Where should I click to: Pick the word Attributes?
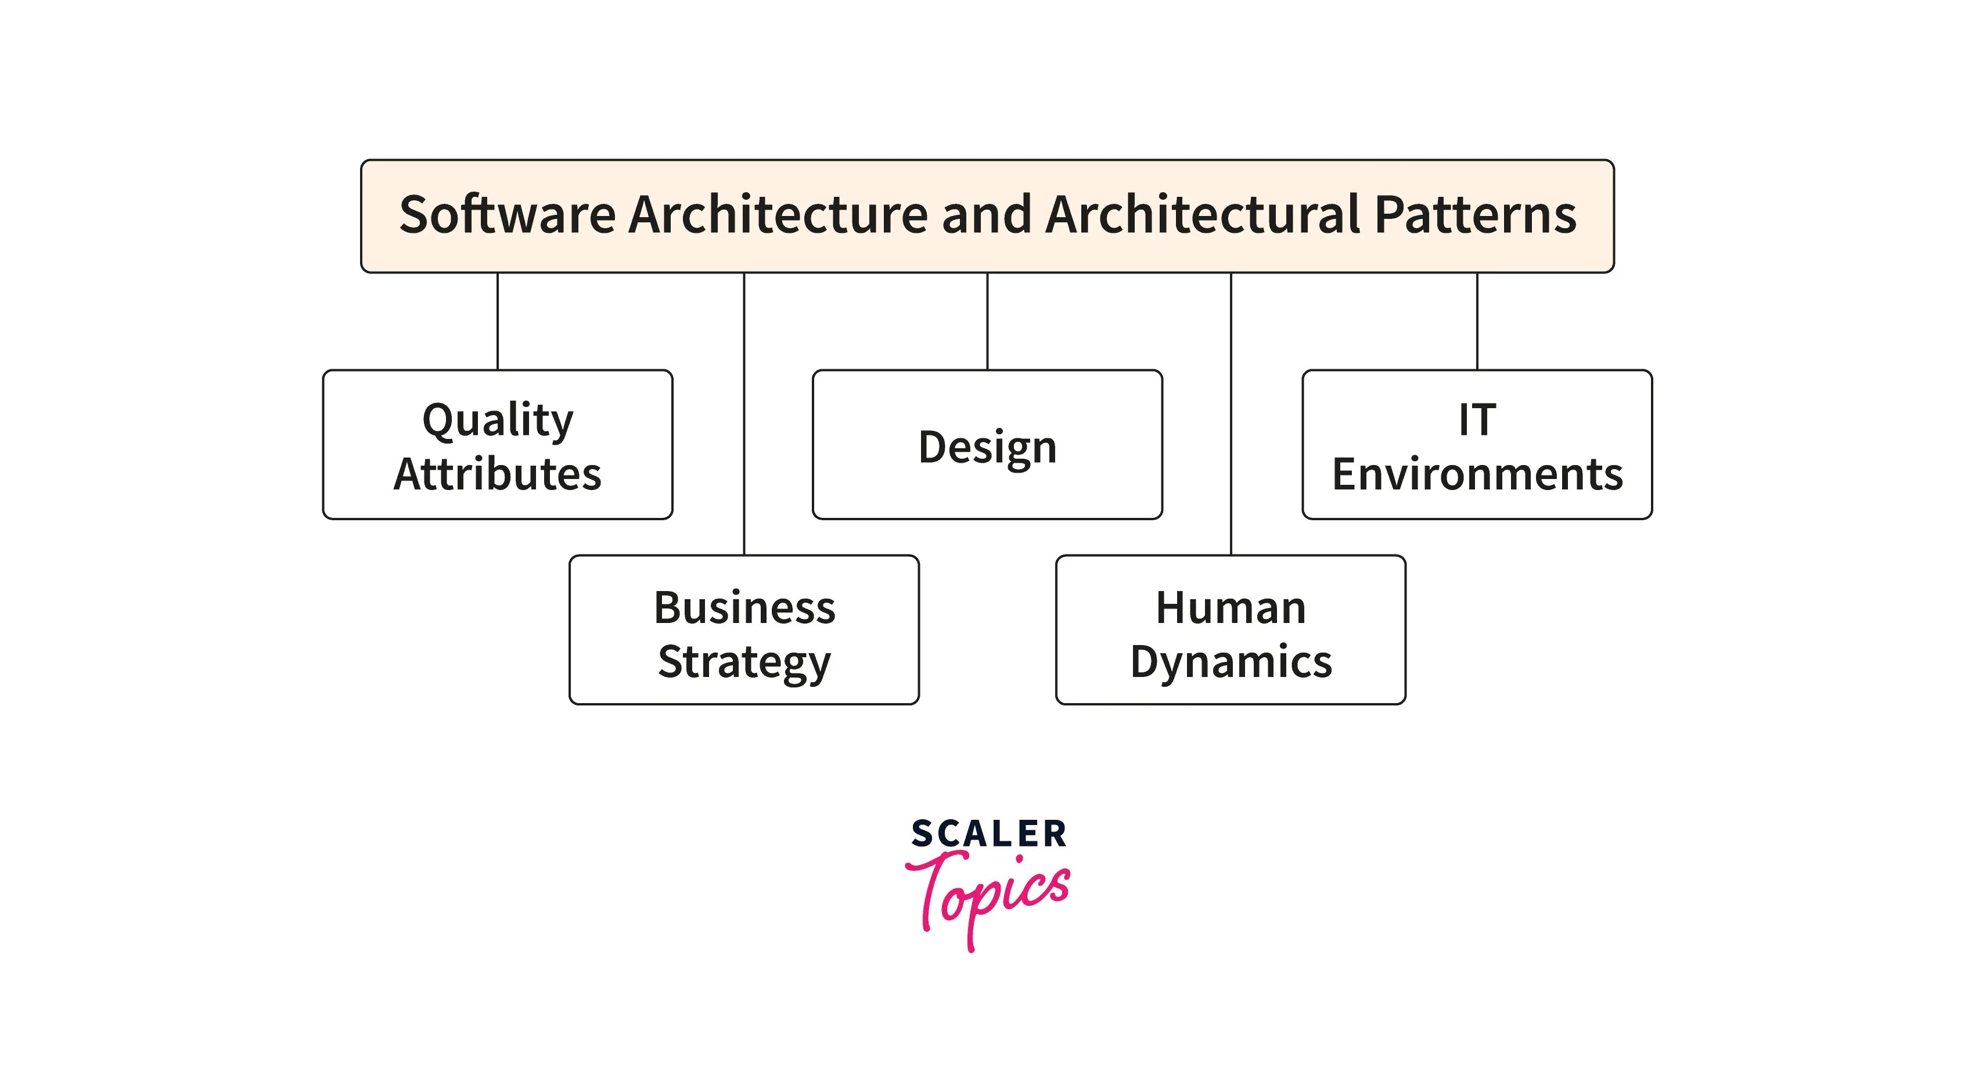pos(498,474)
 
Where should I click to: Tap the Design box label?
pos(987,448)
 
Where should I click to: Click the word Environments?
pos(1477,474)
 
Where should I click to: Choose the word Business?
pos(744,608)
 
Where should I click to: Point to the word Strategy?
pos(744,661)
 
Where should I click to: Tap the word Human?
pos(1231,608)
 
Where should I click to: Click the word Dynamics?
pos(1231,661)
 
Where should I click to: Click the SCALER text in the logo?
pos(988,834)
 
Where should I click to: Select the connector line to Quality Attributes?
pos(498,321)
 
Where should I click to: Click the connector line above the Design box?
pos(987,321)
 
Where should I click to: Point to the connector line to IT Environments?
pos(1477,321)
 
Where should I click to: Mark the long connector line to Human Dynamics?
pos(1231,414)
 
